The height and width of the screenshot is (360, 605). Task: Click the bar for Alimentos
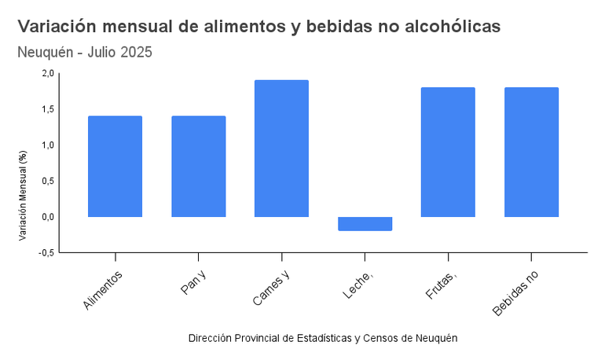[x=115, y=166]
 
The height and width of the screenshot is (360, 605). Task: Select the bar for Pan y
[x=198, y=166]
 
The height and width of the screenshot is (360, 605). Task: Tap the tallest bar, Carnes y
[x=281, y=148]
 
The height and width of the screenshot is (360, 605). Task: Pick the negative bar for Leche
[x=365, y=223]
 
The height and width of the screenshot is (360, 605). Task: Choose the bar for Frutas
[x=448, y=152]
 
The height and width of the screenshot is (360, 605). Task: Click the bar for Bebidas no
[x=531, y=152]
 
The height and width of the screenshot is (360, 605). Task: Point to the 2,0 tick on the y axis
[x=47, y=73]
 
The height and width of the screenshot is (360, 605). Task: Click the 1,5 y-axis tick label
[x=47, y=109]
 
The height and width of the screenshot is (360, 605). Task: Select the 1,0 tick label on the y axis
[x=47, y=145]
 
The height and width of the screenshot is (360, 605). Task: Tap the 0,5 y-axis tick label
[x=47, y=181]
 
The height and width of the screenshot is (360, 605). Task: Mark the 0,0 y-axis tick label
[x=47, y=217]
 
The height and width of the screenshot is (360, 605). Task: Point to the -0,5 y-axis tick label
[x=46, y=253]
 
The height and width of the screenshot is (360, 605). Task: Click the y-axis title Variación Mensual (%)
[x=24, y=195]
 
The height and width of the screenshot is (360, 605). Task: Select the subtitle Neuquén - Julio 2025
[x=85, y=53]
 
